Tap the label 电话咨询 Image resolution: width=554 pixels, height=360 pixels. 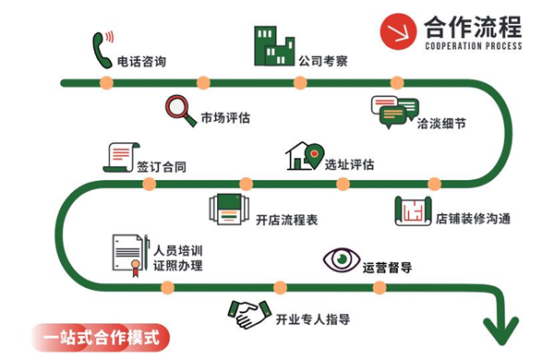click(142, 63)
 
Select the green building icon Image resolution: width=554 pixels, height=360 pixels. click(273, 42)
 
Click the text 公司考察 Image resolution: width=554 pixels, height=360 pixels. click(323, 63)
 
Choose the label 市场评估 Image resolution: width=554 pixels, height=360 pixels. click(225, 118)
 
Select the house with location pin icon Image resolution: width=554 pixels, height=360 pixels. click(306, 156)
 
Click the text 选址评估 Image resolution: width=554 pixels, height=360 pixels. click(349, 165)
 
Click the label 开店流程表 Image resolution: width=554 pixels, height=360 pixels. click(286, 221)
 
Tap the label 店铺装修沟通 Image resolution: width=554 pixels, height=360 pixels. click(474, 220)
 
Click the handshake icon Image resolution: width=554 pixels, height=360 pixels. click(249, 316)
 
